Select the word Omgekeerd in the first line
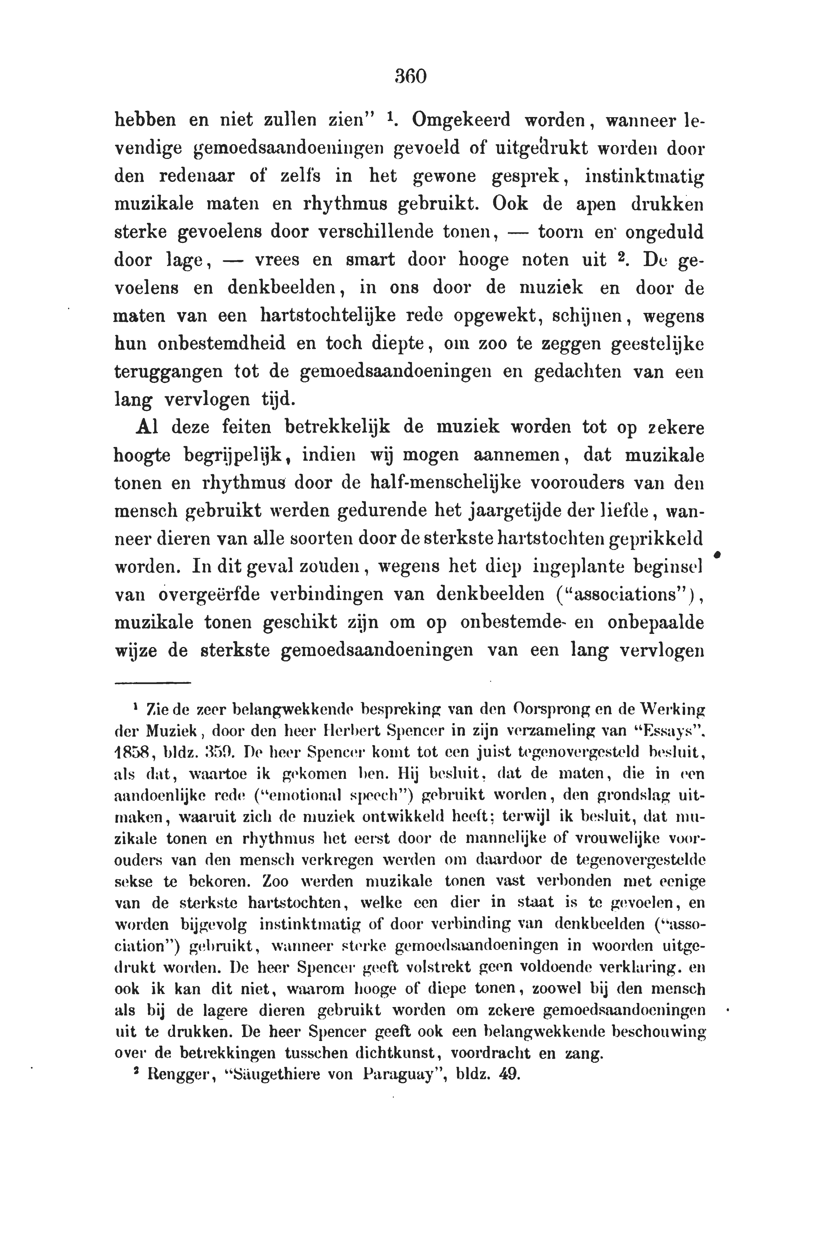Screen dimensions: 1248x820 coord(461,121)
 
